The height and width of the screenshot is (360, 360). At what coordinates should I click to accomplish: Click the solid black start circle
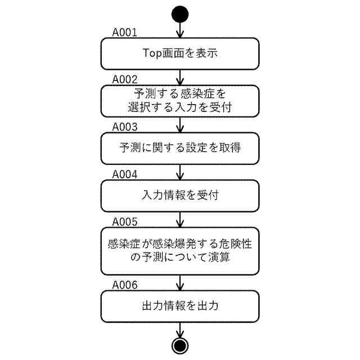[x=180, y=14]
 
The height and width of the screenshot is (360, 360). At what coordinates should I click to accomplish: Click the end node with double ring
[x=180, y=344]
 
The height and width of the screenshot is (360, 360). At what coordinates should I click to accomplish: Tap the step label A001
[x=125, y=33]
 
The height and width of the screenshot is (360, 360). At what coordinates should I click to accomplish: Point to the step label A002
[x=125, y=79]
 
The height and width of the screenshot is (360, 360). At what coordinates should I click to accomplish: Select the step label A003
[x=125, y=127]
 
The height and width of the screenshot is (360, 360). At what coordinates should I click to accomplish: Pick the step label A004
[x=125, y=174]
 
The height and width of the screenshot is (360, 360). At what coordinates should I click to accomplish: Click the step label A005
[x=125, y=221]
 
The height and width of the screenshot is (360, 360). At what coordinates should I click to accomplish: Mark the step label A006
[x=125, y=285]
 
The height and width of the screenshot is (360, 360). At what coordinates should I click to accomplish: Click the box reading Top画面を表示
[x=180, y=53]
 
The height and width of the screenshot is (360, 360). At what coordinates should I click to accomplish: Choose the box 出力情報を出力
[x=180, y=307]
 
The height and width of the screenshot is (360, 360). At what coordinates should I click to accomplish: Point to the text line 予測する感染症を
[x=180, y=93]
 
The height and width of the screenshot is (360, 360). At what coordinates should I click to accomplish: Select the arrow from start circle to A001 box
[x=180, y=29]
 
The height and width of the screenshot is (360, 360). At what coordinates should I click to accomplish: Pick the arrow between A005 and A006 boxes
[x=180, y=282]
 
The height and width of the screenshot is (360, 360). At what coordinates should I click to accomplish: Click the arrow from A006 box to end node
[x=180, y=330]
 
